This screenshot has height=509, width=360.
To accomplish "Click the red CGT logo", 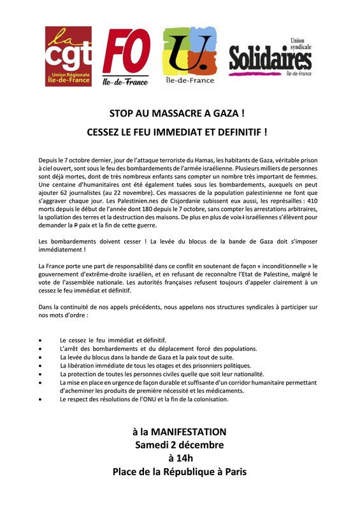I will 68,56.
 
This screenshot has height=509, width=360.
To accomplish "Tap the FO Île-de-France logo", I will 127,56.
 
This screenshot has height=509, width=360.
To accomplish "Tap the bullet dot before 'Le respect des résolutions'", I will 42,399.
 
